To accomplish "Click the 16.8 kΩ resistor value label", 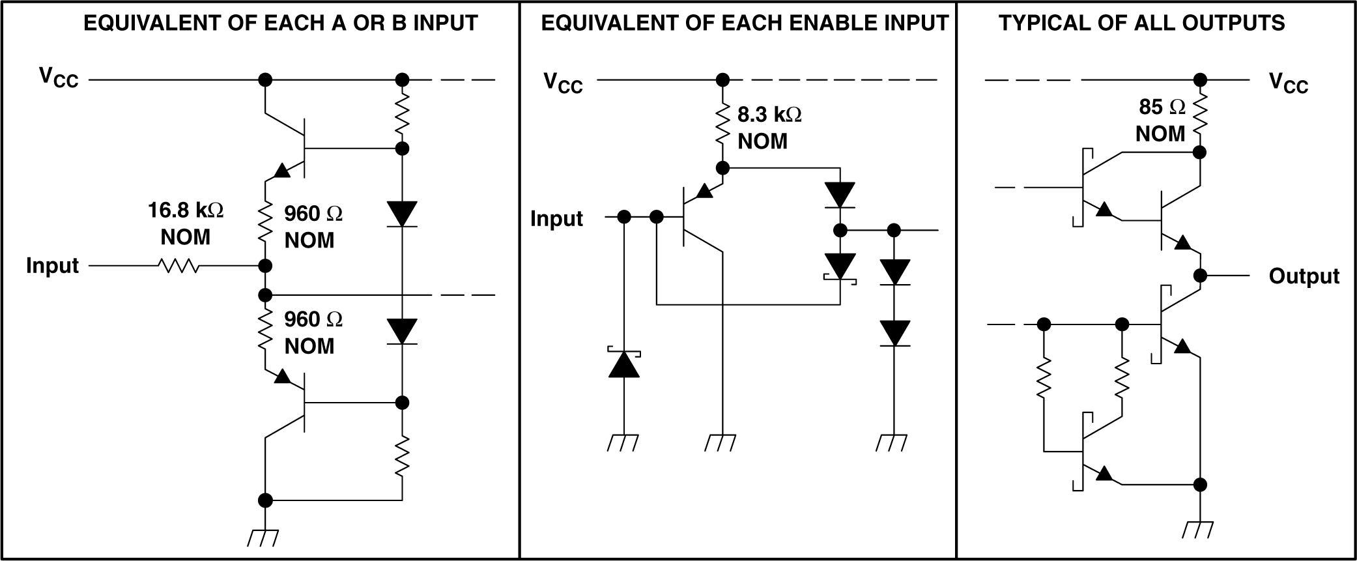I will coord(186,210).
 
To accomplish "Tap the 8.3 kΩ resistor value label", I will coord(769,115).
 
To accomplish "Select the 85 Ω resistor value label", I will coord(1162,107).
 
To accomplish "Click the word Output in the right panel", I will coord(1304,276).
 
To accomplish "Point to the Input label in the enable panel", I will coord(556,218).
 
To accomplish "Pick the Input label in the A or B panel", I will coord(52,266).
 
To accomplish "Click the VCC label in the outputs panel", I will coord(1289,83).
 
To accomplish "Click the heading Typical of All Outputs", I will coord(1141,23).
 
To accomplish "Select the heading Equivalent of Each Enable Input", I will coord(745,23).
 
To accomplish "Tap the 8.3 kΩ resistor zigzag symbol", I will coord(722,125).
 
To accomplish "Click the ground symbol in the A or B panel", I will coord(264,538).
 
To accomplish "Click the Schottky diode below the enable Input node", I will coord(623,364).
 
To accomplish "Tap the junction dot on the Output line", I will coord(1199,276).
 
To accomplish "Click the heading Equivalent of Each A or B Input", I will coord(281,23).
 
